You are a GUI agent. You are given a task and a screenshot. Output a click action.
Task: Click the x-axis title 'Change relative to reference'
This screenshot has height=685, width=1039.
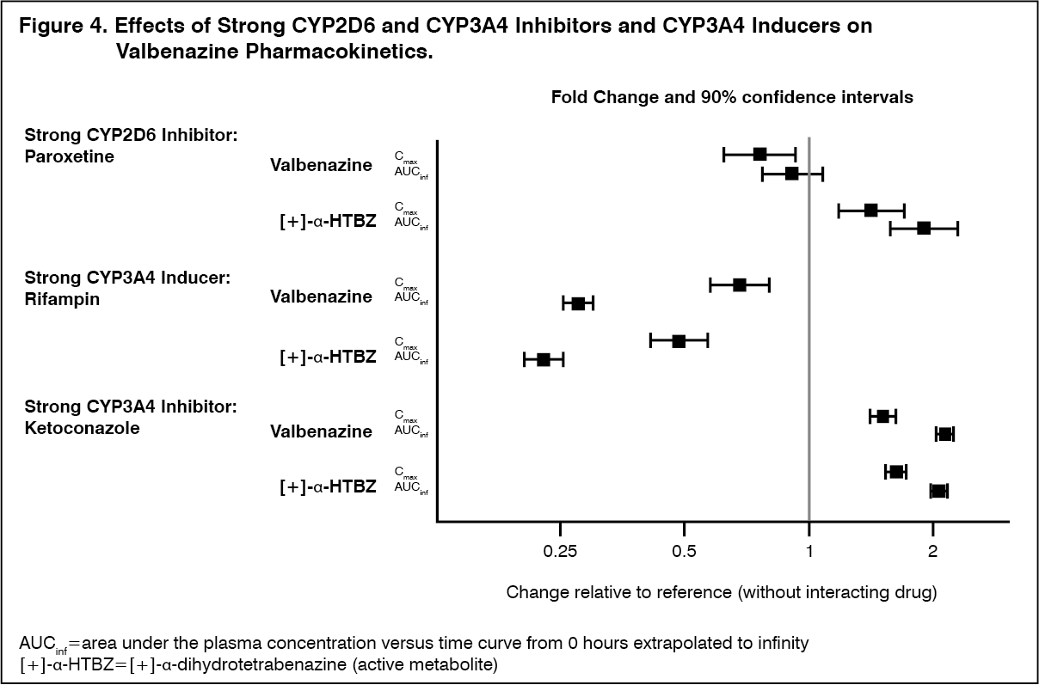[721, 592]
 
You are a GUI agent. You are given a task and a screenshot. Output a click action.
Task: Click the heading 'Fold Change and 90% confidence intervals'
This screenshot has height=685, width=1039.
[732, 97]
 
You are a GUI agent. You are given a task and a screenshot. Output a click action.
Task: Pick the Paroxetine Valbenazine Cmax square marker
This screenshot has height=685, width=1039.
[759, 154]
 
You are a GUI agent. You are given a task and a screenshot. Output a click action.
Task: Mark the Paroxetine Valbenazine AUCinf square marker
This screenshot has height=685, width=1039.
[791, 174]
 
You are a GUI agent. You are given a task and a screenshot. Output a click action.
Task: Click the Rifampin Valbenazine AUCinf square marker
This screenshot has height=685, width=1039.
[578, 303]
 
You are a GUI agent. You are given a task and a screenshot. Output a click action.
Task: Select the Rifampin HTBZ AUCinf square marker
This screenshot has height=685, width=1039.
[543, 359]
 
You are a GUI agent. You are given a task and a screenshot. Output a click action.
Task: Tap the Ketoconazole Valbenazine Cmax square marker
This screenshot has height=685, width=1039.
[882, 416]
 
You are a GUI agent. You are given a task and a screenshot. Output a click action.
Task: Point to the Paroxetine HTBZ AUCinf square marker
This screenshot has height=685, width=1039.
[924, 228]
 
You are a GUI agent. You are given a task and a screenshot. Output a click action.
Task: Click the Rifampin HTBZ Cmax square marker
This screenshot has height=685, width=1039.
[679, 341]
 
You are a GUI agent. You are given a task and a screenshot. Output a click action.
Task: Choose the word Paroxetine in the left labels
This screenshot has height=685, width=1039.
[70, 157]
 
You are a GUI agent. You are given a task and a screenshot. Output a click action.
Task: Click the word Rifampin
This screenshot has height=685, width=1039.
[62, 300]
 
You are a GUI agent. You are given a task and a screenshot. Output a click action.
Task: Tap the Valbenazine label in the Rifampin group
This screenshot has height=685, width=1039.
[321, 297]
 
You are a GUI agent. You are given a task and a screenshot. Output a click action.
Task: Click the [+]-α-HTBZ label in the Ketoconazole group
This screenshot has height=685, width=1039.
[328, 486]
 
